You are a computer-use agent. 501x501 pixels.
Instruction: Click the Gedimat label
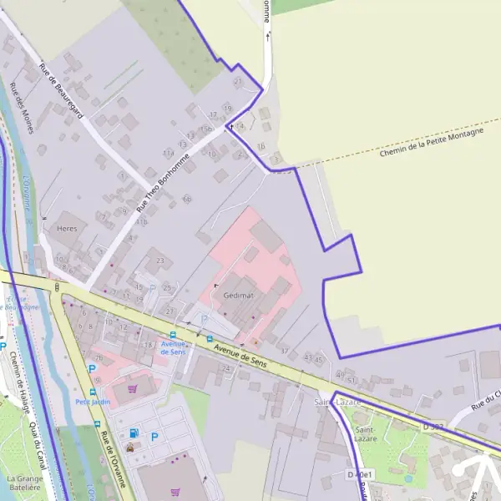coord(239,296)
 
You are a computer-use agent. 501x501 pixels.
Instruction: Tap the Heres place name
coord(67,228)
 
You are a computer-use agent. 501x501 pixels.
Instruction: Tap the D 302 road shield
coord(433,427)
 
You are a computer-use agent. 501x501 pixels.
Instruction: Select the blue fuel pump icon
coord(134,433)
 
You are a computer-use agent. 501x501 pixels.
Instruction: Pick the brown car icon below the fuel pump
coord(130,448)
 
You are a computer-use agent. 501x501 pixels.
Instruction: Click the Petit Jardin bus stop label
coord(93,401)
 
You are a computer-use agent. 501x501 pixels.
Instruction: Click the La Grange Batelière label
coord(23,483)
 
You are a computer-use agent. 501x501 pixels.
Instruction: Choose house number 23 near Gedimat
coord(159,261)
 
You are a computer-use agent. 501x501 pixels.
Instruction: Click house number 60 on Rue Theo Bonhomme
coord(186,199)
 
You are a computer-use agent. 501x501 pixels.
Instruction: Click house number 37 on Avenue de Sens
coord(284,351)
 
